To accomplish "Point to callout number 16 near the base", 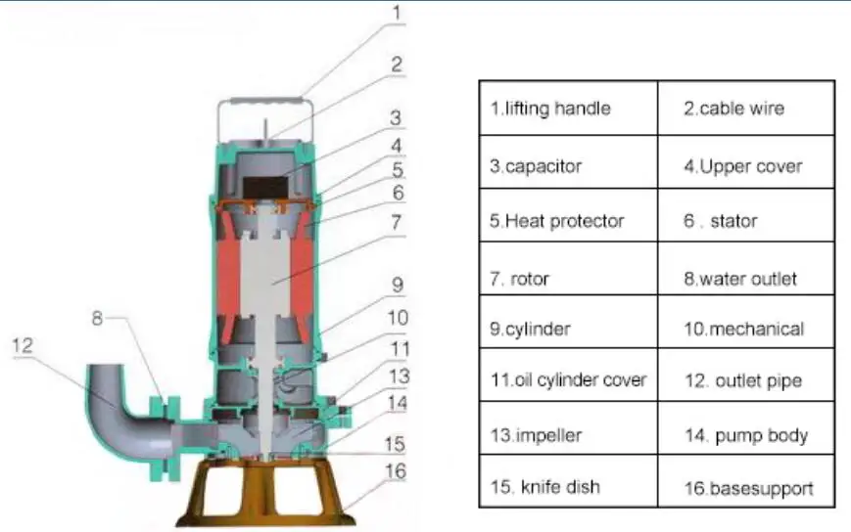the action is coord(394,471).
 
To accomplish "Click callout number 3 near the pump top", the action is coord(395,117).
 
